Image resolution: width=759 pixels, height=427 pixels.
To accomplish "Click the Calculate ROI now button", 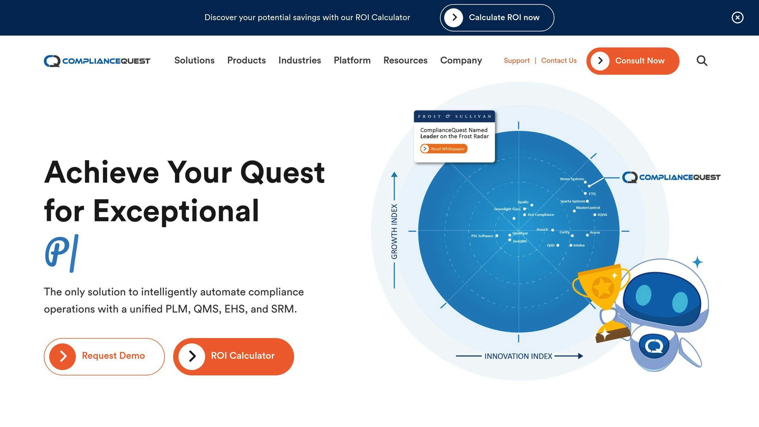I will [x=497, y=18].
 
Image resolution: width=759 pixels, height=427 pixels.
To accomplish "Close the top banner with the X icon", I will [x=737, y=17].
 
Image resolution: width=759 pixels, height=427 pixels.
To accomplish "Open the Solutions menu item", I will [x=194, y=60].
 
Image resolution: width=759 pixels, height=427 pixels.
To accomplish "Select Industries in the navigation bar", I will [x=299, y=60].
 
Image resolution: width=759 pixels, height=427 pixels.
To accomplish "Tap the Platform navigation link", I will [x=352, y=60].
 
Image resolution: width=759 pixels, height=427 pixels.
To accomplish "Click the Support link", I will [x=516, y=60].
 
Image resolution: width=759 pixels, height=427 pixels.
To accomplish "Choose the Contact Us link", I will [x=559, y=60].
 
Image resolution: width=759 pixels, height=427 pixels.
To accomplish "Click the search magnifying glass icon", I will [x=702, y=60].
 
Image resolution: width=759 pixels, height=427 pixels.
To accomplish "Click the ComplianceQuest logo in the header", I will [x=97, y=61].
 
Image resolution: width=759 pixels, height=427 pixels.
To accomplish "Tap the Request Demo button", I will [x=104, y=356].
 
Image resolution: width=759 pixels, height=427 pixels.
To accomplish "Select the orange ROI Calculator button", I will [x=233, y=356].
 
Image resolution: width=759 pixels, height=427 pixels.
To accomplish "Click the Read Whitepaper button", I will [x=444, y=149].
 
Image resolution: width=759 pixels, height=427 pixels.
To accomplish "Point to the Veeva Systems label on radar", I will [x=571, y=179].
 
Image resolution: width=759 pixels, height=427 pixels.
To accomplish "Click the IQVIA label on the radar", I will [x=602, y=215].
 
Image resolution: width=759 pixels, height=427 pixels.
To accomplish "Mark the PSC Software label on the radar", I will [x=482, y=236].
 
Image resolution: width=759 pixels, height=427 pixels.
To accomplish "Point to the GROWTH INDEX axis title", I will [x=394, y=231].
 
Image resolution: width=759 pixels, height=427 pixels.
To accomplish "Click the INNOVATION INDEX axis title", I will [x=518, y=356].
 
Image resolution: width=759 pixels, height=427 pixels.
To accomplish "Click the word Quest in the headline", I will [x=282, y=172].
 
